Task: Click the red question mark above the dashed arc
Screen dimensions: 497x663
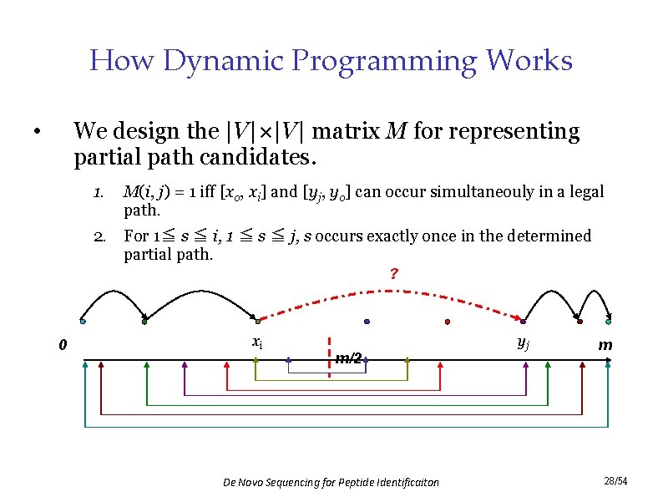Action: tap(392, 274)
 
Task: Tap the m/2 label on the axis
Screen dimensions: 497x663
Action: tap(348, 358)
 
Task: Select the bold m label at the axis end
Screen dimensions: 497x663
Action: tap(605, 345)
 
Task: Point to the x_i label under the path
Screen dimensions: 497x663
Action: tap(258, 342)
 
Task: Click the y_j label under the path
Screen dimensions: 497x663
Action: tap(523, 342)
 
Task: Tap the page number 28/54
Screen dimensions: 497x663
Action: tap(615, 481)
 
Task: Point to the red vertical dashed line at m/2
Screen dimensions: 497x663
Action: tap(330, 358)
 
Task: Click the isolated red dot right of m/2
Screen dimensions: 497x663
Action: tap(448, 322)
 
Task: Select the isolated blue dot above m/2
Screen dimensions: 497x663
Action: tap(367, 322)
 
